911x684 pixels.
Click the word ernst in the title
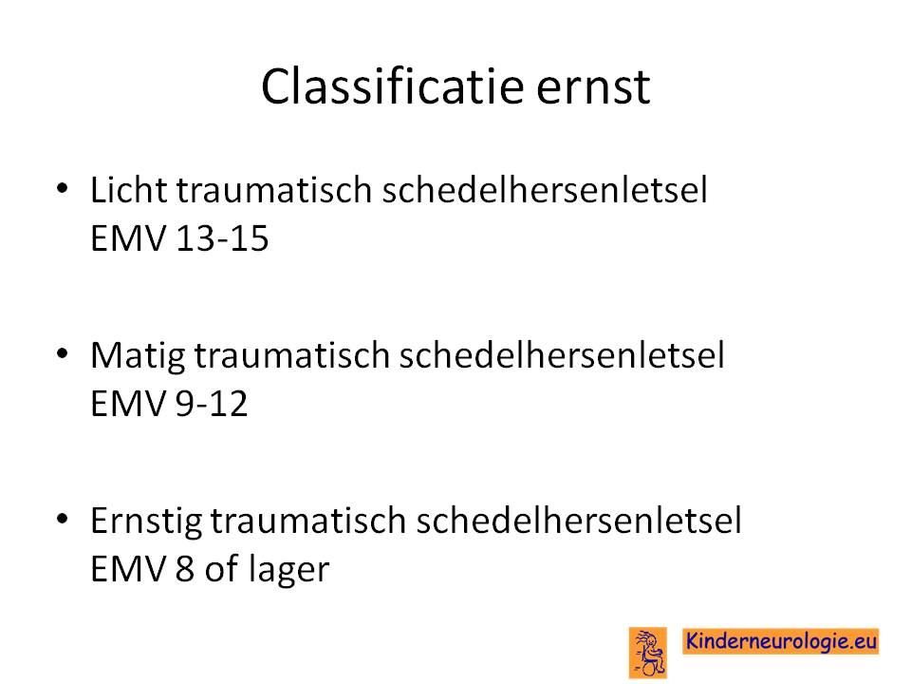point(592,88)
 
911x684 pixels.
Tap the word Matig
point(137,356)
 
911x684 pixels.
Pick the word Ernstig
point(146,521)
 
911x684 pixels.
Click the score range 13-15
point(222,238)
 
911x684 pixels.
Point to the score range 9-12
point(211,404)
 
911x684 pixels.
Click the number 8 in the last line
point(184,569)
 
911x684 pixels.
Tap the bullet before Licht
point(63,188)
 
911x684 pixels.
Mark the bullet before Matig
point(63,353)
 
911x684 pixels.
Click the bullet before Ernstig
point(63,519)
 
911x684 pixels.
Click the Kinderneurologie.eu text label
point(781,641)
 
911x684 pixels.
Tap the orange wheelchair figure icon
point(648,653)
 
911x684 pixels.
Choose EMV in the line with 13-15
point(128,238)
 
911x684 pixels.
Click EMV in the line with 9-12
point(128,404)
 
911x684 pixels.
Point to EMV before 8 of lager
point(128,569)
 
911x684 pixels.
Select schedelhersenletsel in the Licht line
point(545,190)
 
